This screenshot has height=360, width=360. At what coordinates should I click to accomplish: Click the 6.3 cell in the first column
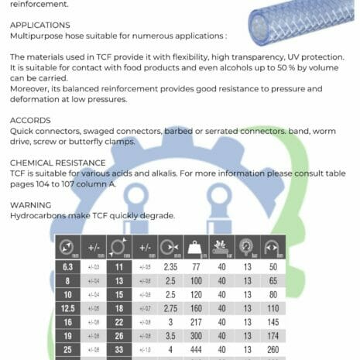[68, 266]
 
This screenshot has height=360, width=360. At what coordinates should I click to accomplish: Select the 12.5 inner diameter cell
[68, 308]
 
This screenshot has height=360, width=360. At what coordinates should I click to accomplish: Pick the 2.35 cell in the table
[171, 266]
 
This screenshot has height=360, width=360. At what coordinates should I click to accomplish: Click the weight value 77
[195, 266]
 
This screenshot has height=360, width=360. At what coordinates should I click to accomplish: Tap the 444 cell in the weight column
[195, 350]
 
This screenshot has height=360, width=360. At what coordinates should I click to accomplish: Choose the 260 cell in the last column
[272, 350]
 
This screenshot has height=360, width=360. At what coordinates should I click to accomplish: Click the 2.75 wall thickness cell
[171, 308]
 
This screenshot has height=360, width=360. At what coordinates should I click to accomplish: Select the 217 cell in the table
[195, 322]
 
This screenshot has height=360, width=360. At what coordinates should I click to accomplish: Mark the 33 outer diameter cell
[120, 350]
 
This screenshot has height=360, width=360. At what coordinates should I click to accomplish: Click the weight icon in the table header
[195, 247]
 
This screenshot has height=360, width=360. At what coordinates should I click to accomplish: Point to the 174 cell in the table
[272, 336]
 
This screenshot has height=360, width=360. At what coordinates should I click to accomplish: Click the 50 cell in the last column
[272, 266]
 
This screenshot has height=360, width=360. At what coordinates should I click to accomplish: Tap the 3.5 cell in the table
[171, 336]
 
